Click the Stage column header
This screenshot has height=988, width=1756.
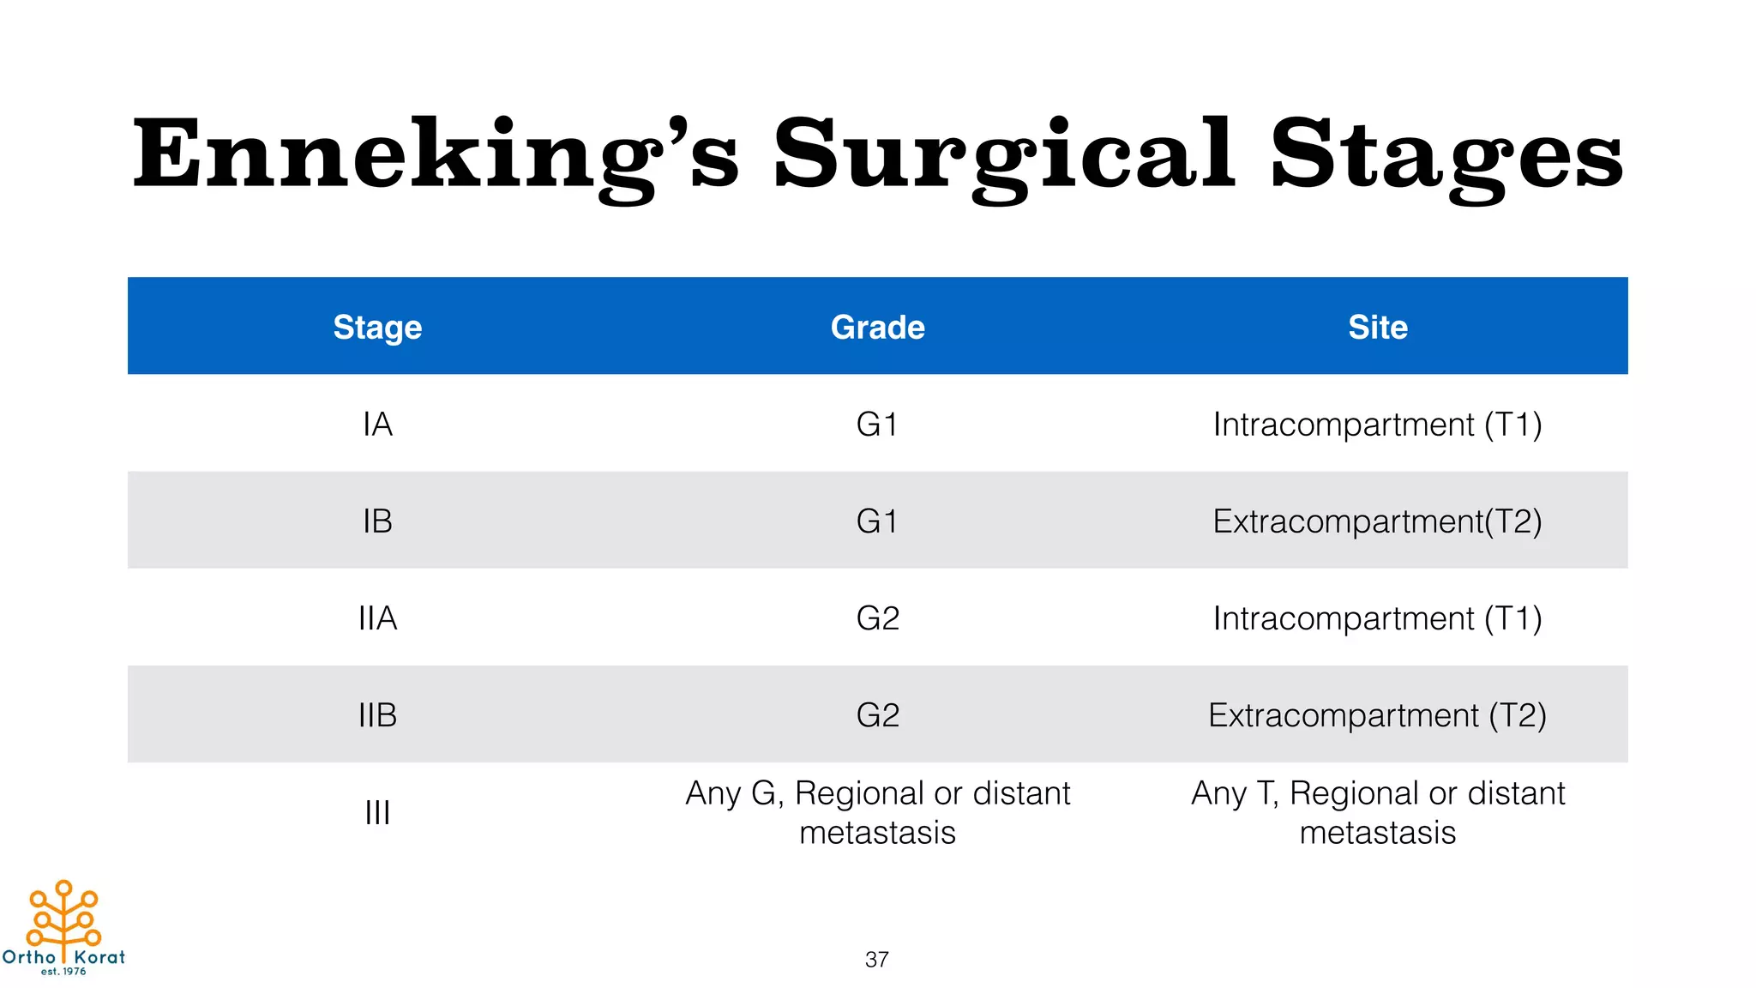click(377, 327)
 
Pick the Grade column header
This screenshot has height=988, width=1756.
click(877, 327)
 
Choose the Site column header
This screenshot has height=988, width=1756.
click(1377, 327)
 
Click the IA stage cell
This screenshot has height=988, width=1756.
click(377, 425)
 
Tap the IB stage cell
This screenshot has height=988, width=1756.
click(377, 521)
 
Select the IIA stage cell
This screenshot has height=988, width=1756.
click(377, 618)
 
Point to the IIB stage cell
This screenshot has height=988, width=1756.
click(377, 715)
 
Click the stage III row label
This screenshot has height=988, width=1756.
click(377, 812)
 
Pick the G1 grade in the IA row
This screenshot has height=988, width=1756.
click(877, 425)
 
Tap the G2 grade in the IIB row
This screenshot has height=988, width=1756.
click(877, 715)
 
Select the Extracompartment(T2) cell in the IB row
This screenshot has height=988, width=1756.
click(1377, 521)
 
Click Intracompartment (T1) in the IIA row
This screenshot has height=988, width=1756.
click(1377, 618)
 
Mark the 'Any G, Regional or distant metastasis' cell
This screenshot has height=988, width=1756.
click(877, 812)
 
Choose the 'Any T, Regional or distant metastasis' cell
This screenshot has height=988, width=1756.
click(1377, 812)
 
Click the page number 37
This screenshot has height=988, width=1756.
click(876, 960)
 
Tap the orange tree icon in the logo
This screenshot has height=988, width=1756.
click(63, 915)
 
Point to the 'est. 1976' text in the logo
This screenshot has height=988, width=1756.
click(63, 972)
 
